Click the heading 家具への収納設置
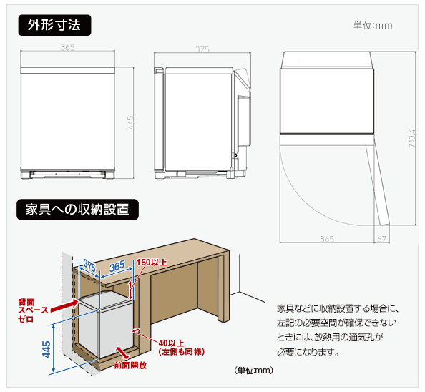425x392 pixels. tap(77, 210)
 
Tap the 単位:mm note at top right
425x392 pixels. tap(373, 26)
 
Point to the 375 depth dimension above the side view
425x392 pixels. tap(202, 49)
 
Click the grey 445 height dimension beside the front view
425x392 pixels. tap(130, 123)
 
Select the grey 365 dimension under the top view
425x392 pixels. tap(326, 238)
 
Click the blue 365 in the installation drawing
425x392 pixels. tap(117, 265)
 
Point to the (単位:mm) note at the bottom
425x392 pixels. tap(253, 370)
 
